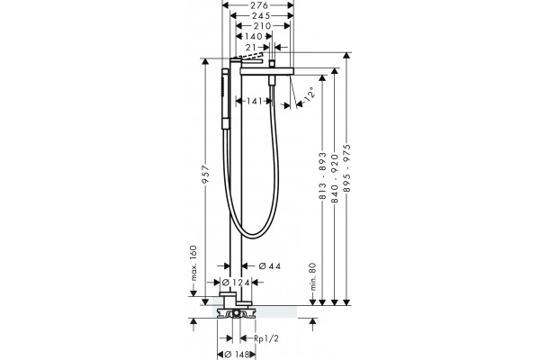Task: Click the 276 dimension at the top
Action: tap(259, 5)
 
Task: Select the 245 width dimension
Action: tap(261, 15)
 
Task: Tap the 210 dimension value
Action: tap(263, 26)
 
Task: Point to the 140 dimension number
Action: tap(254, 36)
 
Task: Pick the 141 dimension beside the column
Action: tap(255, 102)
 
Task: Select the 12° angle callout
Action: tap(310, 94)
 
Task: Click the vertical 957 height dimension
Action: tap(205, 175)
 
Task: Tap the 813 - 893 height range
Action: tap(322, 175)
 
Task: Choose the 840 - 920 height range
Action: tap(335, 178)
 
